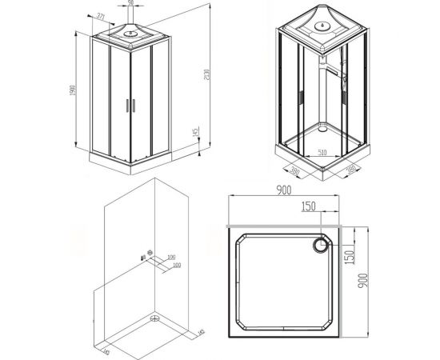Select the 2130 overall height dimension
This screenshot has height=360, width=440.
pyautogui.click(x=208, y=76)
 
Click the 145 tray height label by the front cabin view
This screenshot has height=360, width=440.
pyautogui.click(x=195, y=133)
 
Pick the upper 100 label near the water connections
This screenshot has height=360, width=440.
pyautogui.click(x=171, y=257)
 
